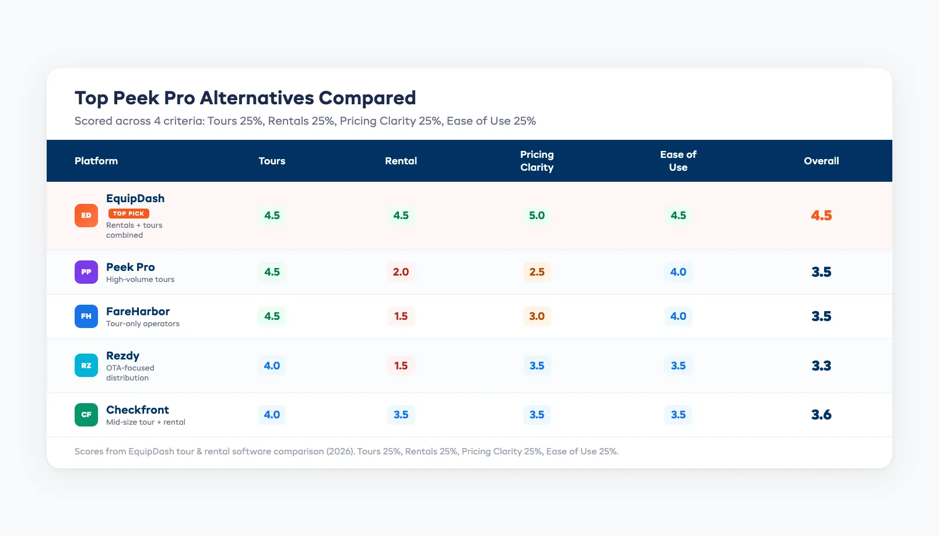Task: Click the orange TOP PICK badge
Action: (x=128, y=214)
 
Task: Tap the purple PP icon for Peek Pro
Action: (x=86, y=272)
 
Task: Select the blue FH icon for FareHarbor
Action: (x=86, y=316)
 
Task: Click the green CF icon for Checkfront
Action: (x=86, y=415)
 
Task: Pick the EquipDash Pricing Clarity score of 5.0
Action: (x=537, y=216)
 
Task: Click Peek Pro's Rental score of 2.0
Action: (x=401, y=272)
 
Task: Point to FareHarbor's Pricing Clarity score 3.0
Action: (x=537, y=316)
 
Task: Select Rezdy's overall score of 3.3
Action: (x=821, y=366)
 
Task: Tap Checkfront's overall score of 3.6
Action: (x=821, y=415)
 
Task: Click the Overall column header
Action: (x=821, y=161)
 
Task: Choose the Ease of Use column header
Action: (x=678, y=161)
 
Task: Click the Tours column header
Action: (x=272, y=161)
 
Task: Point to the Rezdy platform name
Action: (x=122, y=355)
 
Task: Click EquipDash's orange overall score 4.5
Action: (x=821, y=216)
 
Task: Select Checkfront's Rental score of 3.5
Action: (x=401, y=415)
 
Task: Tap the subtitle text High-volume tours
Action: (x=140, y=280)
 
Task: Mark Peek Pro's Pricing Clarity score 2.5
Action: (x=537, y=272)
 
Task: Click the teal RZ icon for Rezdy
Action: (x=86, y=366)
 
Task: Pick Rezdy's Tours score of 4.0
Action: (x=272, y=366)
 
